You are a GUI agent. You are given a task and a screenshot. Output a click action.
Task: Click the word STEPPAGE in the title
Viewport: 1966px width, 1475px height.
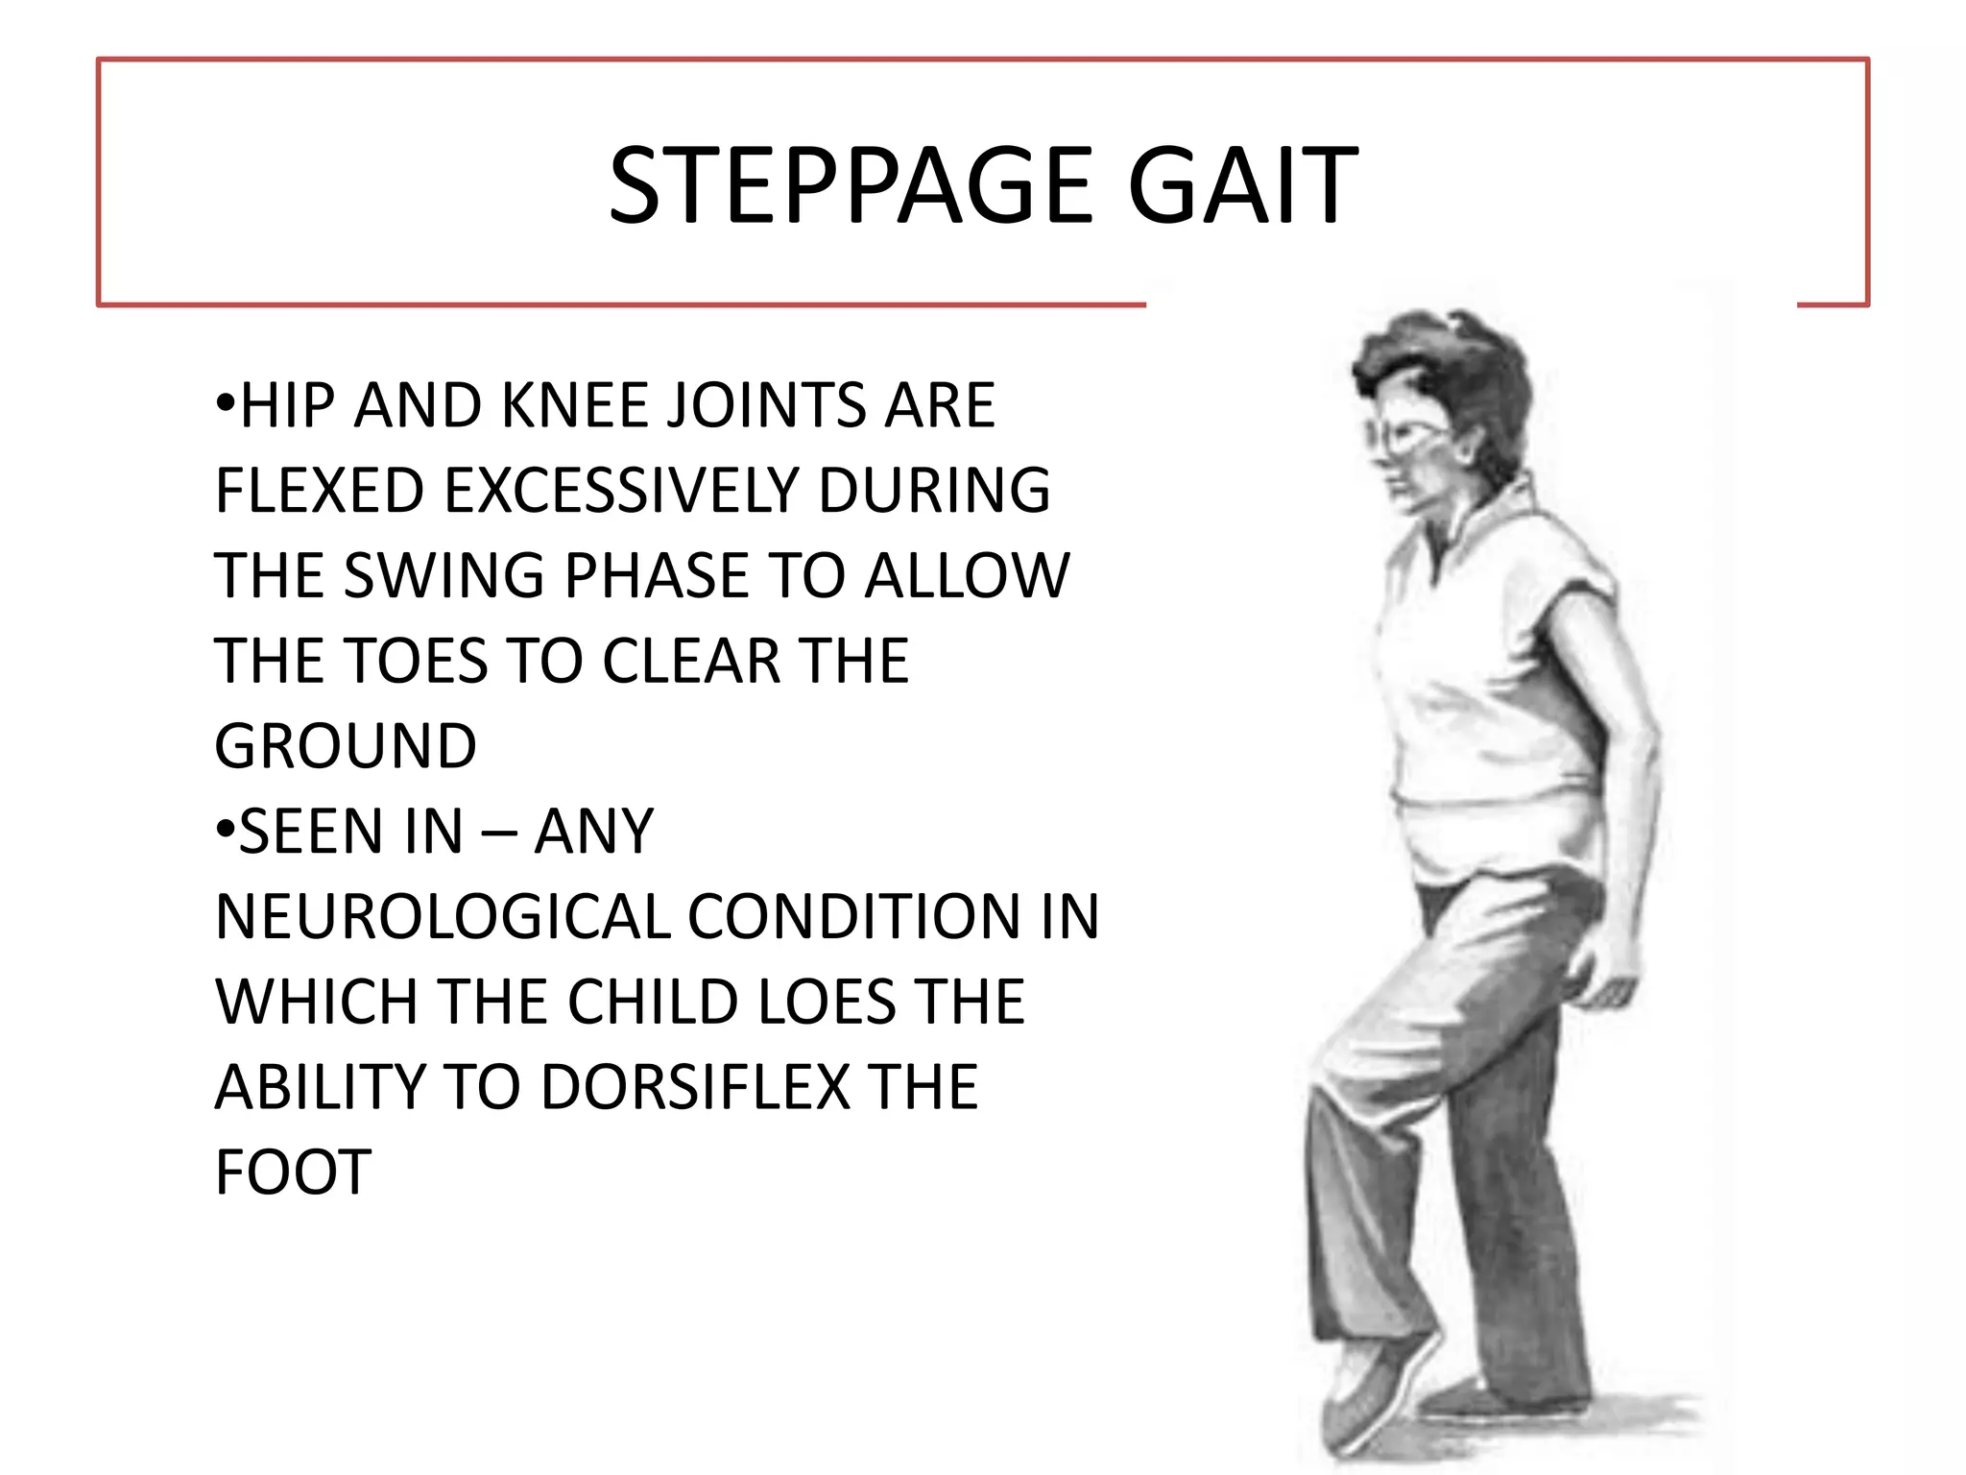click(x=851, y=185)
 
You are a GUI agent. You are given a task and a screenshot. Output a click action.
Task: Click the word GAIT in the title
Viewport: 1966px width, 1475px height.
click(x=1242, y=185)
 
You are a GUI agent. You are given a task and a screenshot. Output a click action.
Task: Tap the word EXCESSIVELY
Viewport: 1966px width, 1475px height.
click(x=621, y=490)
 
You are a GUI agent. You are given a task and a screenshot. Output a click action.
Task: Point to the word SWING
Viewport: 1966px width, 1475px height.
click(x=444, y=575)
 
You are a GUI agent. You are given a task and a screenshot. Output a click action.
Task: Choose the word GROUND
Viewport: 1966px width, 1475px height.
click(x=346, y=746)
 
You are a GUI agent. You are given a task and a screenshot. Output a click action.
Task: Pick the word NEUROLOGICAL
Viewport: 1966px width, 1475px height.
click(x=443, y=916)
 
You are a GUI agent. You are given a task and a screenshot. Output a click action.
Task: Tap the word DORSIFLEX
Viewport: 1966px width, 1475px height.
click(x=696, y=1087)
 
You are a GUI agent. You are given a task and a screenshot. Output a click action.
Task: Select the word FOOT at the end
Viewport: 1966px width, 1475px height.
click(x=294, y=1173)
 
